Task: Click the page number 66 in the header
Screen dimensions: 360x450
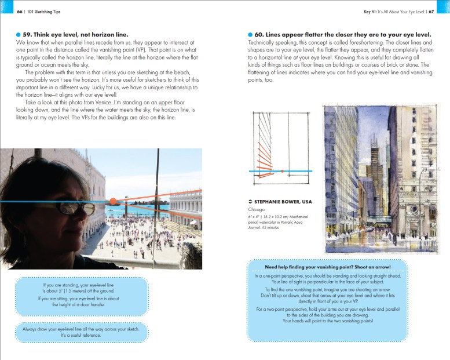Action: click(20, 10)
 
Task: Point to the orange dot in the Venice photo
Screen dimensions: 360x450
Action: click(113, 201)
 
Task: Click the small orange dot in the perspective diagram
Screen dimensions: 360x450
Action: click(281, 171)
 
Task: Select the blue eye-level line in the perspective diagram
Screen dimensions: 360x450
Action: click(301, 171)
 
